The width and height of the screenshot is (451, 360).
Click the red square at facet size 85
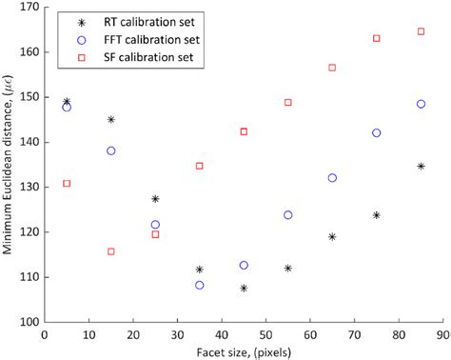(x=422, y=31)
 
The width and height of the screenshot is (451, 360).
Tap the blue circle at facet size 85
(x=422, y=104)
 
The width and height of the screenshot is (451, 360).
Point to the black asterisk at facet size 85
(x=422, y=167)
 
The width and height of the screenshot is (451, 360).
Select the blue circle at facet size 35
(x=200, y=285)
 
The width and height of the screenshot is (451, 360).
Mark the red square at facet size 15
(x=111, y=251)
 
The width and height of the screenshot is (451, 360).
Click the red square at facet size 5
(x=67, y=183)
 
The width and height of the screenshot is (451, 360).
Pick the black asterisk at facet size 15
(x=111, y=120)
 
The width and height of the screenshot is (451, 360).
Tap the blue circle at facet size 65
(x=332, y=178)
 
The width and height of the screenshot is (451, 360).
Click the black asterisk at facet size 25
(x=155, y=199)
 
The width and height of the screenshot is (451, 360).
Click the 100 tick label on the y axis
(x=28, y=322)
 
